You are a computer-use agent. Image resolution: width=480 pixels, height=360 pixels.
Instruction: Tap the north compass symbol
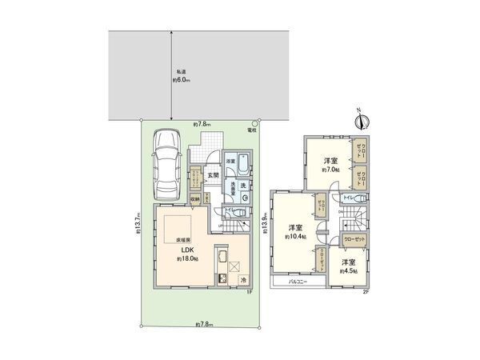(362, 122)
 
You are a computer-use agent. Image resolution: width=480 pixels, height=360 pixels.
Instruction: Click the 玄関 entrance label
(214, 176)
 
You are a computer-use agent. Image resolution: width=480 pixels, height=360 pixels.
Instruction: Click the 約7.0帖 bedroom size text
(331, 170)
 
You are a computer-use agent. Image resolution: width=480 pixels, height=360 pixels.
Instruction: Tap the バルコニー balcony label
(294, 282)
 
